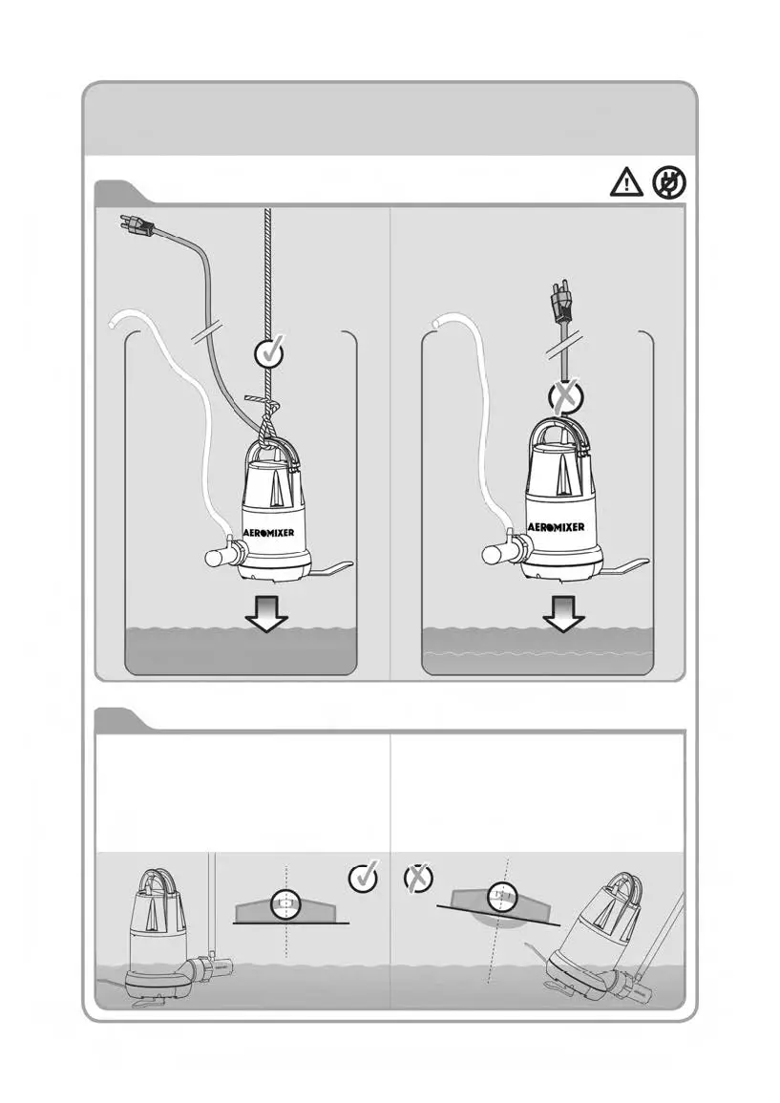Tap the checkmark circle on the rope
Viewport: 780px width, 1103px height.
click(x=271, y=353)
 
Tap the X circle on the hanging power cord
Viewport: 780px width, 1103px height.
click(x=566, y=395)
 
